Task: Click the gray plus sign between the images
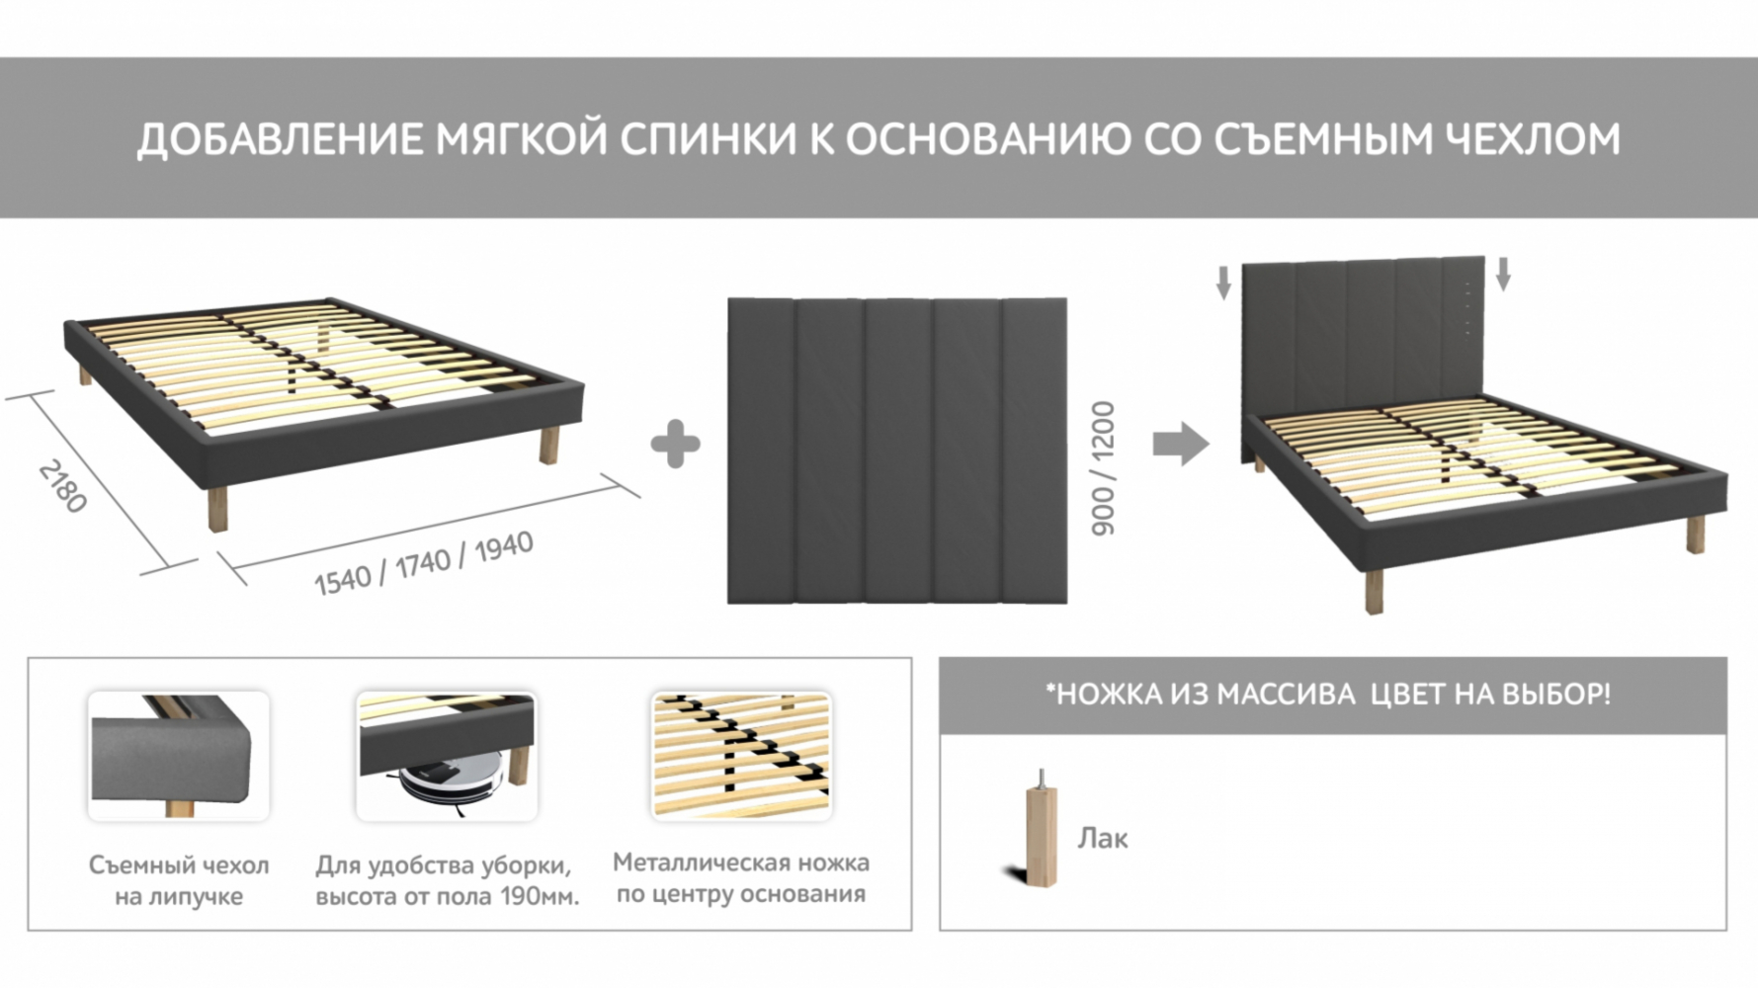[676, 445]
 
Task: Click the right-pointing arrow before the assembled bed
[1181, 444]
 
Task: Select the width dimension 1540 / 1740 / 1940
[424, 563]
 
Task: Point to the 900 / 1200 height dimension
[1103, 468]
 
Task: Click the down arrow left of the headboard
[1223, 281]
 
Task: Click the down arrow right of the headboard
[1503, 274]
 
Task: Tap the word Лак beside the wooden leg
[1103, 838]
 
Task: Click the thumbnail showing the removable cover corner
[179, 756]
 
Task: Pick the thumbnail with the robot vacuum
[447, 756]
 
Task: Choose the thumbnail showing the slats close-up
[741, 756]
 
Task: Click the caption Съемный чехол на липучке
[179, 880]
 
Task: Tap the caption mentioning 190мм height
[447, 880]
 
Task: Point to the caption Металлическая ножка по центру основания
[741, 877]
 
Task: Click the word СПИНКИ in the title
[708, 139]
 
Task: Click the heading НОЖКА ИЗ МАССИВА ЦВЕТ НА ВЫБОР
[1328, 694]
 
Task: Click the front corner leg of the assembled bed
[1375, 591]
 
